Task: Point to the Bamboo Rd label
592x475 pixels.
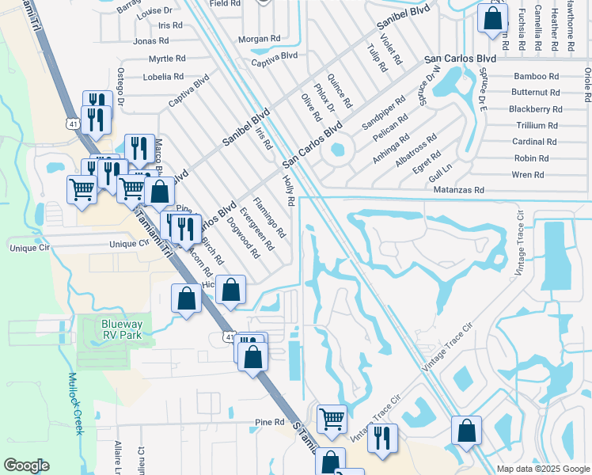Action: click(x=537, y=77)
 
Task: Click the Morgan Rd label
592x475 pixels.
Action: click(x=260, y=38)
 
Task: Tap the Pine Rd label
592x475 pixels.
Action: click(x=269, y=423)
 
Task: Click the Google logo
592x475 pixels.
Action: click(x=27, y=465)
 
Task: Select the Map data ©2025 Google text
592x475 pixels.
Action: click(x=544, y=469)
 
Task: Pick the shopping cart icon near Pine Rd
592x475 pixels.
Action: click(x=332, y=418)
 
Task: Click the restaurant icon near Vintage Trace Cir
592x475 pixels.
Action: click(x=382, y=438)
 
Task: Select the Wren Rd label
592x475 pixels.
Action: click(x=528, y=175)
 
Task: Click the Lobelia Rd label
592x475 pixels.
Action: click(x=163, y=78)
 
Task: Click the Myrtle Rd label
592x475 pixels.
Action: click(x=167, y=59)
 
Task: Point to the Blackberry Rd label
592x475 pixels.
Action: click(x=535, y=109)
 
